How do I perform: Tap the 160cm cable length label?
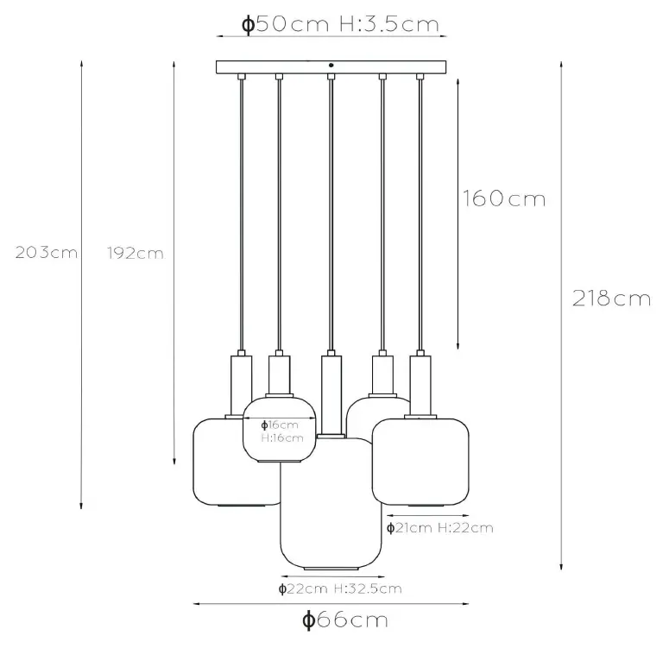point(503,199)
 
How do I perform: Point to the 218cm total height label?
point(611,299)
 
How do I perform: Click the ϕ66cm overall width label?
point(344,619)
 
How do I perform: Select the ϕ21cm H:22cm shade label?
point(439,527)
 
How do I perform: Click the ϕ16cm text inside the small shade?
point(281,425)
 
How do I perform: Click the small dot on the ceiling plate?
point(332,65)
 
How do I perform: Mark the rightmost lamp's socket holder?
point(420,384)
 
